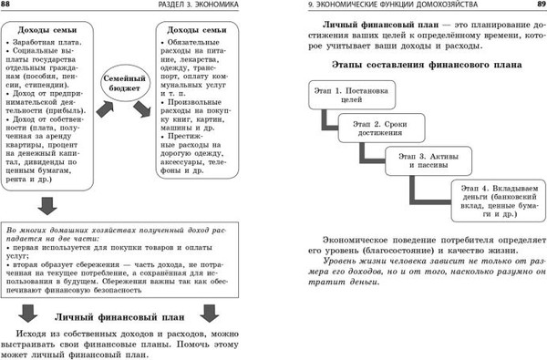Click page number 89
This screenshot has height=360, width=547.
[x=537, y=6]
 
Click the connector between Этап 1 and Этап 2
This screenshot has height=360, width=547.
[x=325, y=124]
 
